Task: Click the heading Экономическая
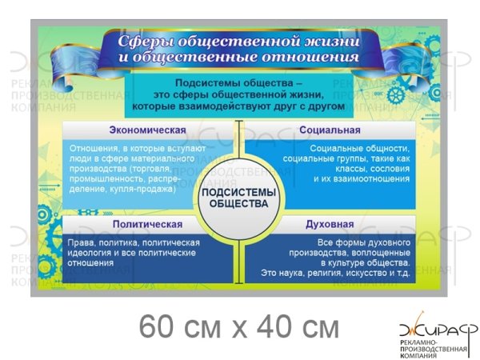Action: pyautogui.click(x=147, y=130)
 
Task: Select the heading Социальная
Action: pyautogui.click(x=330, y=130)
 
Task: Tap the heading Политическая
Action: pyautogui.click(x=147, y=225)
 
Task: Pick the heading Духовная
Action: pyautogui.click(x=330, y=225)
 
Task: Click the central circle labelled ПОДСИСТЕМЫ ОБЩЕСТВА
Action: pyautogui.click(x=239, y=198)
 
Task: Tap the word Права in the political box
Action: pyautogui.click(x=83, y=242)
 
